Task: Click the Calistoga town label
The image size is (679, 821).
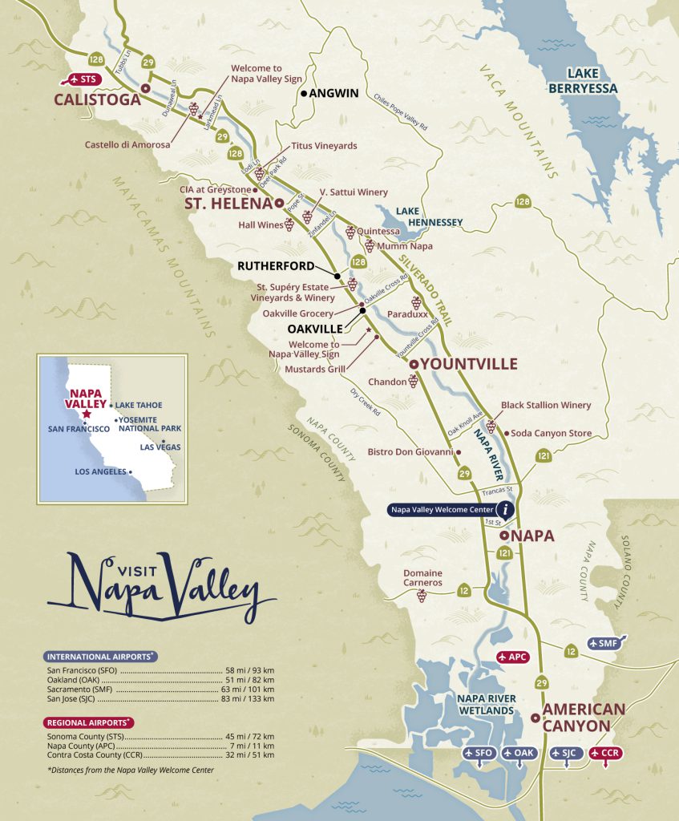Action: click(97, 100)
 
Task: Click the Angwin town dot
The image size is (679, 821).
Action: click(304, 94)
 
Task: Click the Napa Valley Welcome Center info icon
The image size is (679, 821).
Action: click(505, 508)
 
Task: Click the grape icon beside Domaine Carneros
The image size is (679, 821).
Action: click(422, 596)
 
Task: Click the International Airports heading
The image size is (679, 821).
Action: click(100, 656)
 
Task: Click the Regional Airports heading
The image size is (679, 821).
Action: click(91, 722)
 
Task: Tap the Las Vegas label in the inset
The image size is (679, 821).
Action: click(159, 447)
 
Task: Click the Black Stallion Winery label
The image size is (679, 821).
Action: click(545, 406)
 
